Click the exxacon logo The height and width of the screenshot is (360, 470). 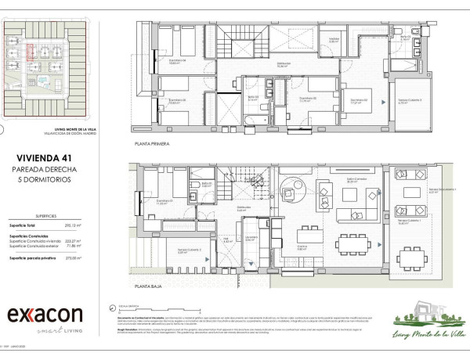coord(45,315)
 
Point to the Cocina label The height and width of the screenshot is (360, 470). coord(302,247)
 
